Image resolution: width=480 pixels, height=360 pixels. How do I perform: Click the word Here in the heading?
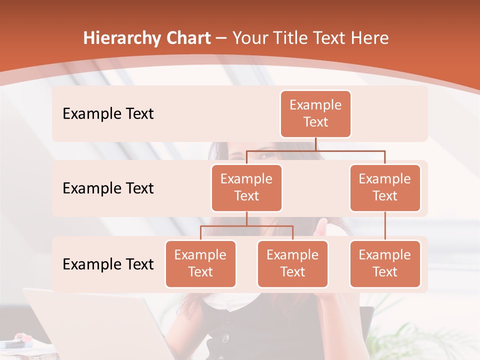369,38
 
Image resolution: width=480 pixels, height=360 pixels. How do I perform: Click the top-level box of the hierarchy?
315,114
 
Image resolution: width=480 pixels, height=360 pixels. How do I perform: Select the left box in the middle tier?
246,188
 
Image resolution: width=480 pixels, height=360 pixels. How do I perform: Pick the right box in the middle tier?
385,188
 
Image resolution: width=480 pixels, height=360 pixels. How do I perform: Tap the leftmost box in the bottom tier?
200,264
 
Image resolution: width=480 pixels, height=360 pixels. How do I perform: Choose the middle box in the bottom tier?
292,264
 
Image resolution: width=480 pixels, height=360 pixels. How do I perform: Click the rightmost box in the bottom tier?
385,264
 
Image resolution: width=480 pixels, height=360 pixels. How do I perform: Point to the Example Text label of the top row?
108,114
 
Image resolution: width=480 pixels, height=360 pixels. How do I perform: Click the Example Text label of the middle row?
108,188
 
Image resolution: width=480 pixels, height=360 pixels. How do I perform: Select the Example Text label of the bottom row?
108,264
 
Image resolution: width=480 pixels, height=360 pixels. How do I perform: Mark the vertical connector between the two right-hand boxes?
385,226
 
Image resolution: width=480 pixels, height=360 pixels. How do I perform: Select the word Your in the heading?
249,38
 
